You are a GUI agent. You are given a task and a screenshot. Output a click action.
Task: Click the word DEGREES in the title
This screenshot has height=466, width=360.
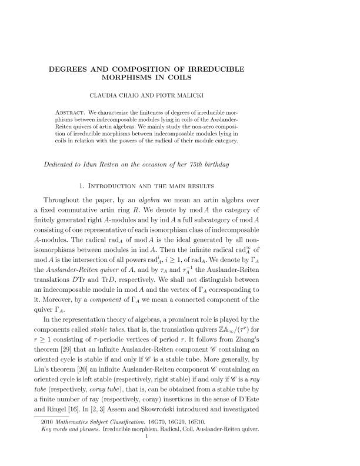coord(74,69)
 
